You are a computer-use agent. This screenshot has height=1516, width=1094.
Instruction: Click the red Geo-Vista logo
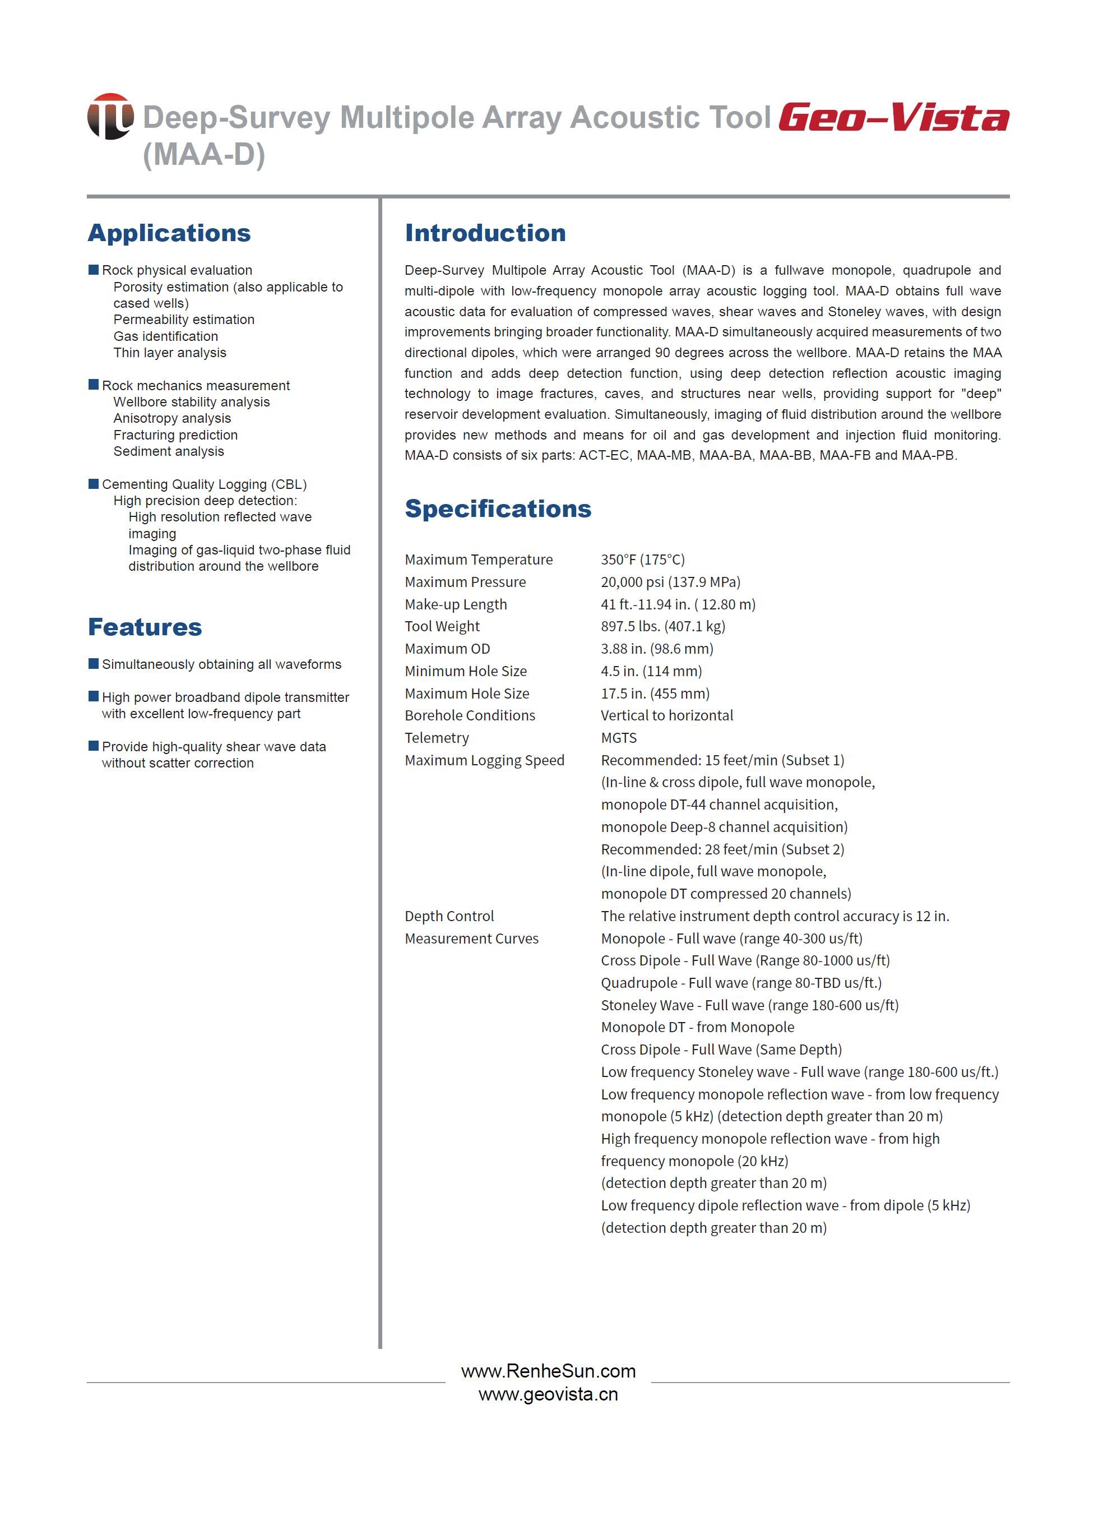893,118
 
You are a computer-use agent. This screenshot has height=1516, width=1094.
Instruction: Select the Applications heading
169,233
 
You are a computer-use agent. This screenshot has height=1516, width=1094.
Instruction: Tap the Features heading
145,627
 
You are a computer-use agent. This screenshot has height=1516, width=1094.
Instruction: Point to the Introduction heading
485,233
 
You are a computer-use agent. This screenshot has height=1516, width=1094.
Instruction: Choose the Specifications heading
498,509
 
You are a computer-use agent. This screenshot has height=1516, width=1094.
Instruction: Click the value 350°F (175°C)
642,560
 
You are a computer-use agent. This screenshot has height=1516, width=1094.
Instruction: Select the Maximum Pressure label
465,582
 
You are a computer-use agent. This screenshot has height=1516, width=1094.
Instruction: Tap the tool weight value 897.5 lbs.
662,626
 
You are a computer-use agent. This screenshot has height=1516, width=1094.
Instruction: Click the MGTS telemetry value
618,738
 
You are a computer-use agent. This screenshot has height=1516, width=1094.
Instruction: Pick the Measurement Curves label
471,939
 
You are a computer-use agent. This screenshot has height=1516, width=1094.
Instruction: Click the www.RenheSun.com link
548,1371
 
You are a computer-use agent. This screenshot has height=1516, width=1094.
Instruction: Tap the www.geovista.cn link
548,1394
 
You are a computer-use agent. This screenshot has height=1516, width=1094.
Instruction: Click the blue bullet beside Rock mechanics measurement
94,385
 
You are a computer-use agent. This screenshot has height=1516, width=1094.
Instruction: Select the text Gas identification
166,336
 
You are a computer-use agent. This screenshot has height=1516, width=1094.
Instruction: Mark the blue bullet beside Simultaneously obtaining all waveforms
94,664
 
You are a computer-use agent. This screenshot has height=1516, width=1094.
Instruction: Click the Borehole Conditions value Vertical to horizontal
666,715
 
